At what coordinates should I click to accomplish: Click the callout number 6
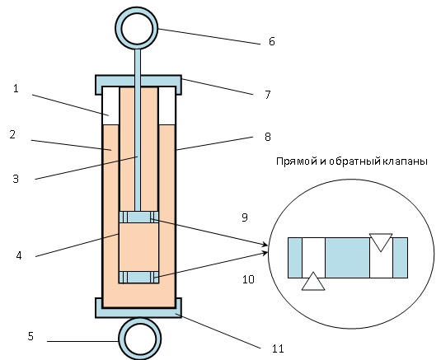[x=271, y=41]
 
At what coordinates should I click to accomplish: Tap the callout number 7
[x=267, y=95]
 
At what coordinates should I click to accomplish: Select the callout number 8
[x=267, y=137]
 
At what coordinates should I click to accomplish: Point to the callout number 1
[x=16, y=89]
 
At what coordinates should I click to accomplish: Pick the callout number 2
[x=12, y=134]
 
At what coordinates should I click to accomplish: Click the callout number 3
[x=16, y=179]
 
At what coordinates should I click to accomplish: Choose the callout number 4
[x=19, y=255]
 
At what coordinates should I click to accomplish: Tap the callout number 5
[x=30, y=336]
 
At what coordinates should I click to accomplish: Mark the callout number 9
[x=245, y=217]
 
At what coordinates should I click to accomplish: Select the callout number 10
[x=248, y=279]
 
